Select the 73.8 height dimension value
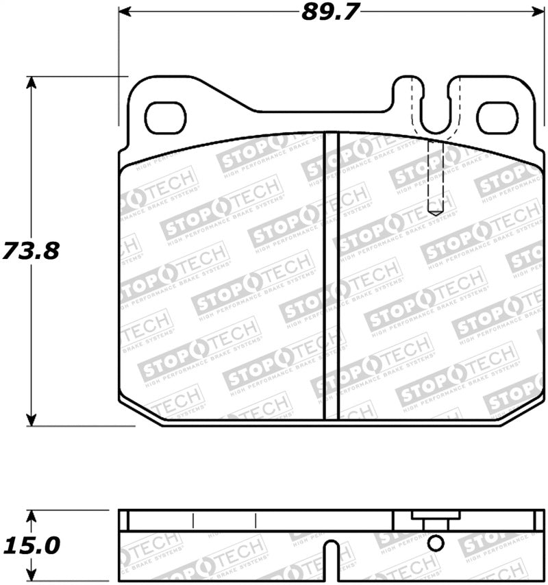(x=31, y=250)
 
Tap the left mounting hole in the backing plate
(x=166, y=117)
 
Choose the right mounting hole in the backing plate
(x=496, y=117)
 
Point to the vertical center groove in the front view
(x=332, y=274)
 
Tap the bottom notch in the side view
(x=332, y=558)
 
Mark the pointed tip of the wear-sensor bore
(x=436, y=213)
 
